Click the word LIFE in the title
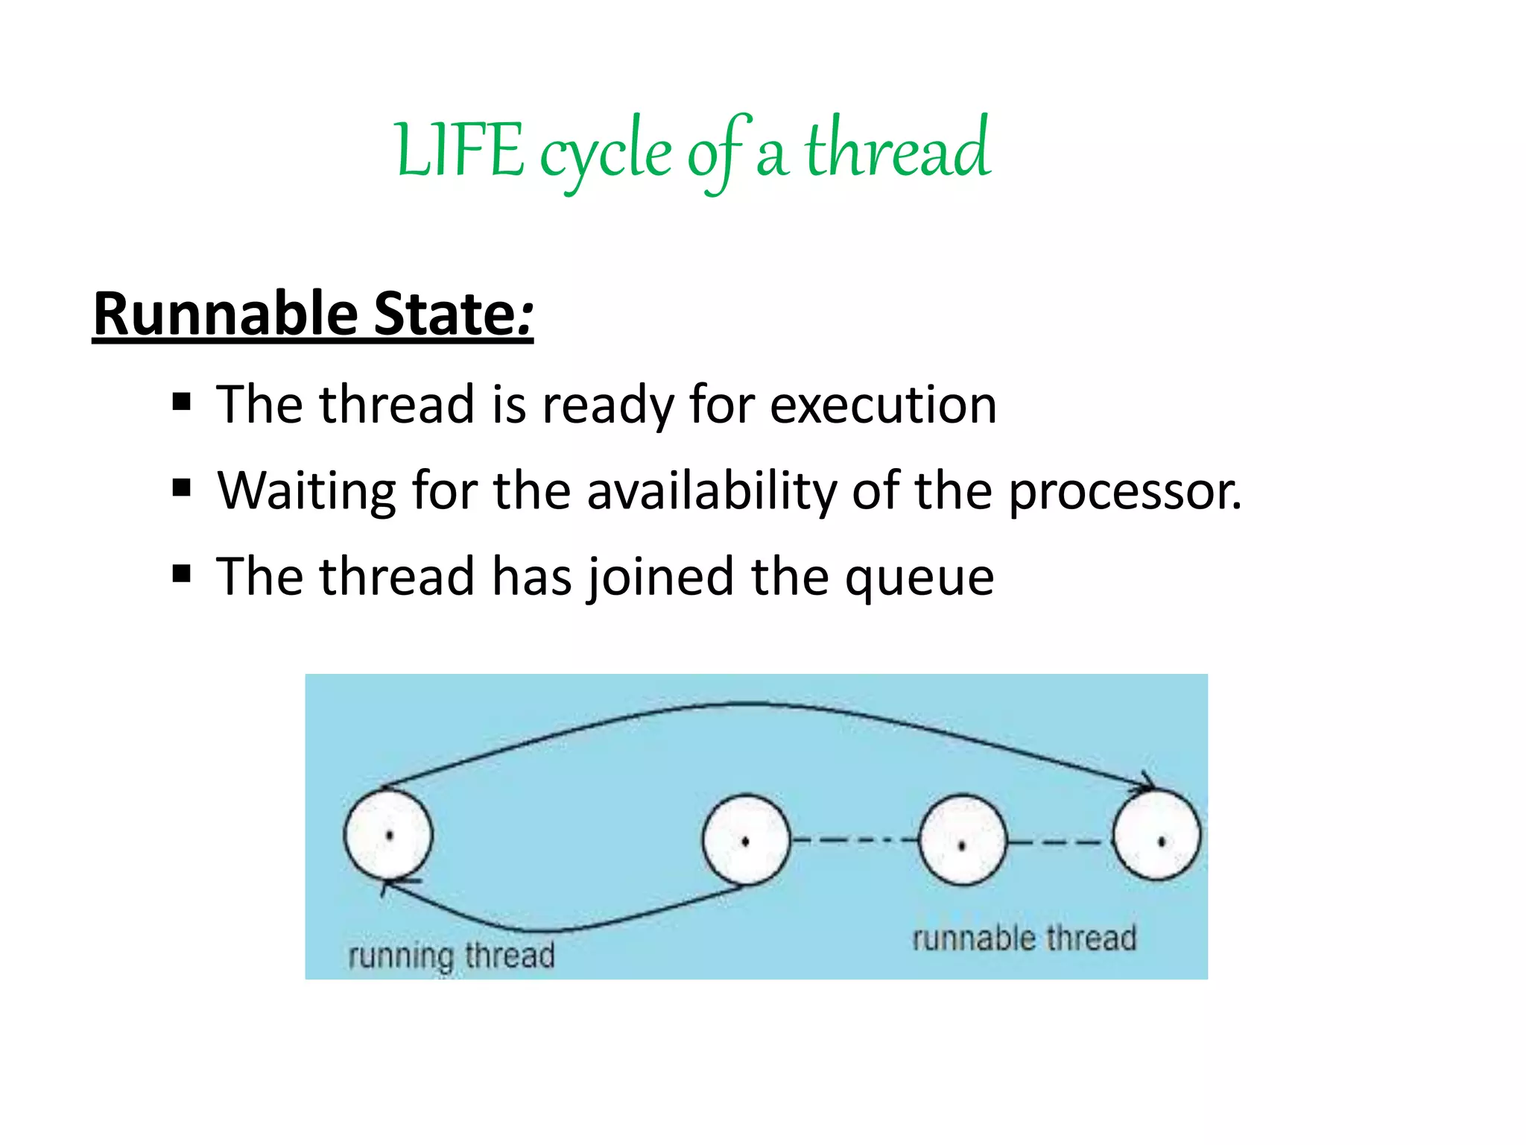[460, 151]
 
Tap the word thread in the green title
[897, 149]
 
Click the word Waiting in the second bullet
[306, 492]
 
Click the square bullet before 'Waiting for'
[181, 488]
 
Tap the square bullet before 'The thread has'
[181, 575]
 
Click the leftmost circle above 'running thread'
[388, 835]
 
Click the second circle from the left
[746, 840]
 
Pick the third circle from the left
[963, 840]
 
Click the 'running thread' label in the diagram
[452, 955]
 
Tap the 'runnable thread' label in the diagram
[1025, 938]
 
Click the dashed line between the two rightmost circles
[1059, 842]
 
